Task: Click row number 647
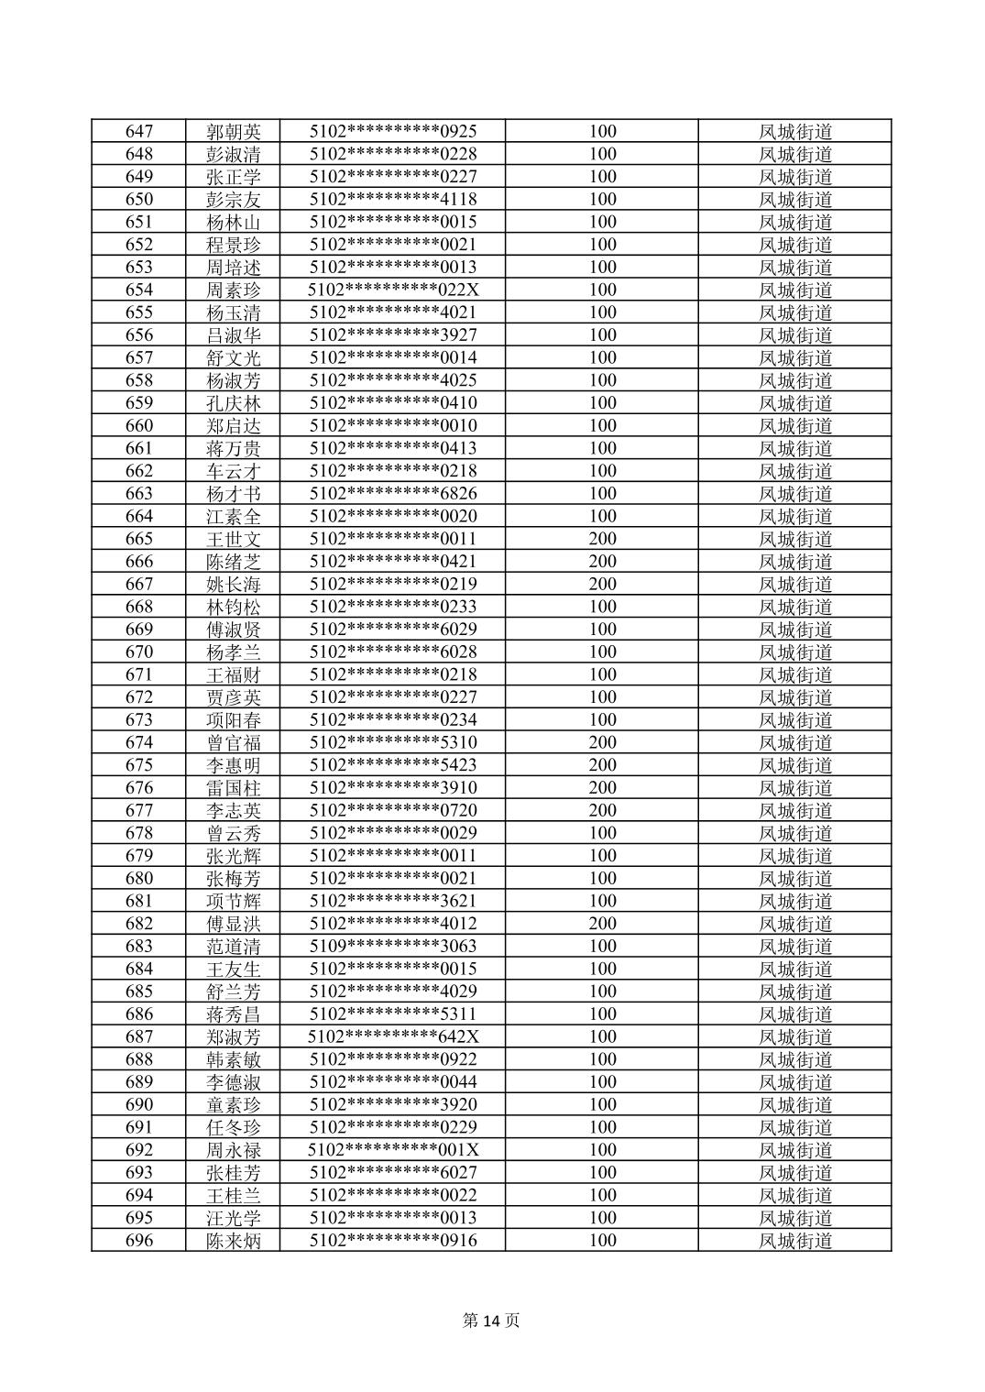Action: coord(139,132)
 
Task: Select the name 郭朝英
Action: coord(234,132)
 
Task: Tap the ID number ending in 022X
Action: coord(393,290)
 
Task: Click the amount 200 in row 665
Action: coord(602,539)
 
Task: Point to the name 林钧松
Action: coord(234,607)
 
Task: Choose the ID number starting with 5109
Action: coord(393,947)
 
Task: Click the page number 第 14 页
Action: coord(492,1321)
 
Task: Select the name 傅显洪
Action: coord(234,924)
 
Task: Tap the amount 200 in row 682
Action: coord(602,924)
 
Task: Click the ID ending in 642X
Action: coord(393,1036)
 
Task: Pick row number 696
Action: coord(139,1241)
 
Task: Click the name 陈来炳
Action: coord(234,1241)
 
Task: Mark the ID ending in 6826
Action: coord(393,494)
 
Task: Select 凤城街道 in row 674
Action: coord(795,743)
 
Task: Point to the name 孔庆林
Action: coord(234,403)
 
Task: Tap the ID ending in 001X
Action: coord(393,1150)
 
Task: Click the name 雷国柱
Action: coord(234,788)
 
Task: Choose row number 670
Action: coord(139,652)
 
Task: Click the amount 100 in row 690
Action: coord(602,1104)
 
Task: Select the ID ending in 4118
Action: coord(393,200)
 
